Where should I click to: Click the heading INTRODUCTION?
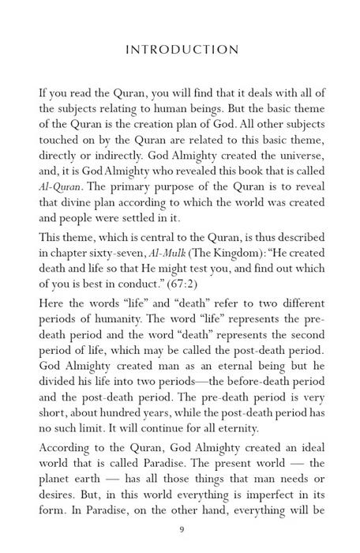coord(182,50)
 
